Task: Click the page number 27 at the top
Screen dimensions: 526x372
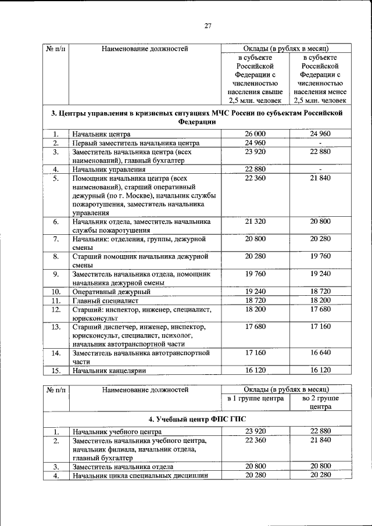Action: pos(208,26)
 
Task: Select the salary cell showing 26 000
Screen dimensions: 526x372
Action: pos(255,134)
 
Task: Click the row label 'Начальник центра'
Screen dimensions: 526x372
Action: pos(101,134)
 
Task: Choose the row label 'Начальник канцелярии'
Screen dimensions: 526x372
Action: pos(109,370)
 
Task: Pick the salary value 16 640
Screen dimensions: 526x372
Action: pos(320,352)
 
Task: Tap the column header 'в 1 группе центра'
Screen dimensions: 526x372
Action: pos(255,399)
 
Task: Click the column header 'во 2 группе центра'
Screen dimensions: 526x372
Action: pos(320,403)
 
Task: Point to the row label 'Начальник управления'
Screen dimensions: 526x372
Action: pos(109,170)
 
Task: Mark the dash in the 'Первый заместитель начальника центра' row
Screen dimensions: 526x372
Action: pos(320,143)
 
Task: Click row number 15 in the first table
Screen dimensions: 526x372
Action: pos(56,370)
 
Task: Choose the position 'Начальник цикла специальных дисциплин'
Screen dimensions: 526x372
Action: pos(139,476)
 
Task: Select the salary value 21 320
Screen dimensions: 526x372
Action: pos(255,222)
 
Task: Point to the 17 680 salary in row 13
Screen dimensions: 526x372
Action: pos(255,327)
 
